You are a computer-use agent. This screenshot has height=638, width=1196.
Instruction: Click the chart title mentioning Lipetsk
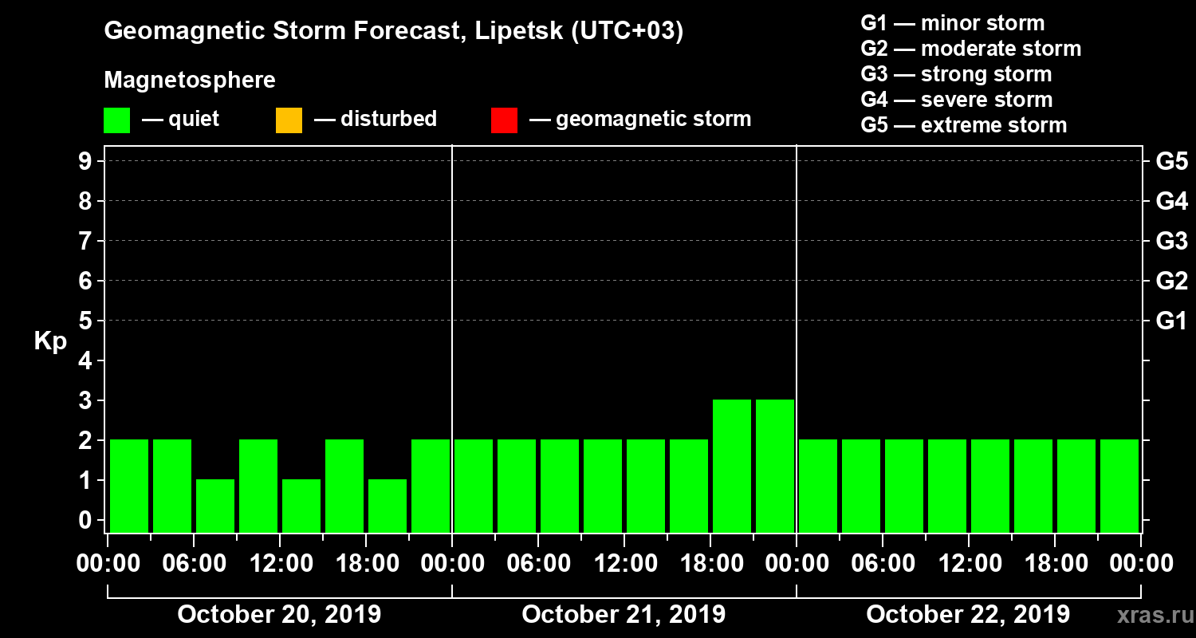point(394,32)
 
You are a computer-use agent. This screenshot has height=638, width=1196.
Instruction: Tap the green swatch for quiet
point(116,120)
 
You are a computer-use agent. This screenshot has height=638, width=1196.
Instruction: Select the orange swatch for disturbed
point(289,120)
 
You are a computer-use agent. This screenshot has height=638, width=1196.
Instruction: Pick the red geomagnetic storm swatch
point(504,120)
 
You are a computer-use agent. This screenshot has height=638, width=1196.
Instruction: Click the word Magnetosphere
point(190,81)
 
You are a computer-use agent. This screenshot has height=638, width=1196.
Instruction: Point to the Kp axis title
point(50,341)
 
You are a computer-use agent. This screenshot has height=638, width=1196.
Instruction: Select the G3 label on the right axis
point(1171,241)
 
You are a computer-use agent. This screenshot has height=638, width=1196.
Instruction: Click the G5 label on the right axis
point(1171,162)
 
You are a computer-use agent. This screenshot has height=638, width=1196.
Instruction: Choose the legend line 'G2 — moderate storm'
point(970,49)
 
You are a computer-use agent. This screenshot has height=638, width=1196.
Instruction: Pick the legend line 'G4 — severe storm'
point(956,100)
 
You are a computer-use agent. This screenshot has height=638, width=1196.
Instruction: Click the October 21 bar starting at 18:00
point(732,466)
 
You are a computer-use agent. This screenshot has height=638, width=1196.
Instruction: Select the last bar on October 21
point(775,466)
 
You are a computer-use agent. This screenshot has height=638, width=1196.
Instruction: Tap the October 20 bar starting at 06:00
point(215,506)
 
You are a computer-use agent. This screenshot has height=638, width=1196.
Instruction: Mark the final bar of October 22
point(1119,486)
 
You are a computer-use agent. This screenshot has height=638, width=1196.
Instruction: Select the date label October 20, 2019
point(279,615)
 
